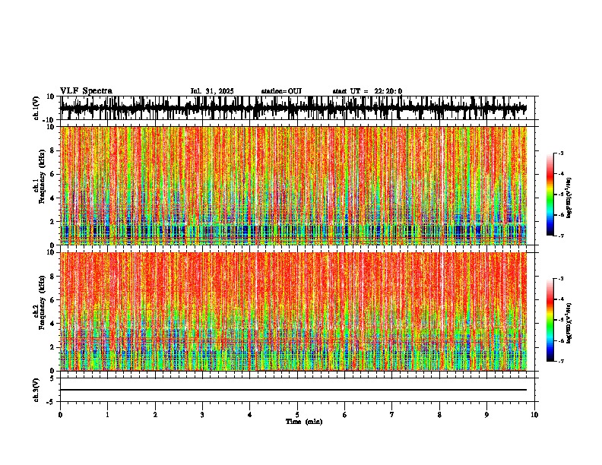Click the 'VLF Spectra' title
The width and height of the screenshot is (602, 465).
click(86, 91)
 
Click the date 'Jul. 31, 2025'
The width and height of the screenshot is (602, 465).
click(212, 91)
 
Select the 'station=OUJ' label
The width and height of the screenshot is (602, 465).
click(281, 91)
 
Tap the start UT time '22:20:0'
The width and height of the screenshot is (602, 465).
click(388, 91)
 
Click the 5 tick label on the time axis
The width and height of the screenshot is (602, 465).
click(297, 415)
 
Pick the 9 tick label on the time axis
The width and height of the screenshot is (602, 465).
click(487, 415)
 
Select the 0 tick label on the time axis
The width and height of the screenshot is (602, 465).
click(60, 415)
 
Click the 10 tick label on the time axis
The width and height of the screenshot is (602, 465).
click(534, 415)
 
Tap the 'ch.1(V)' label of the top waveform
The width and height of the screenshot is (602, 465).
click(36, 108)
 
